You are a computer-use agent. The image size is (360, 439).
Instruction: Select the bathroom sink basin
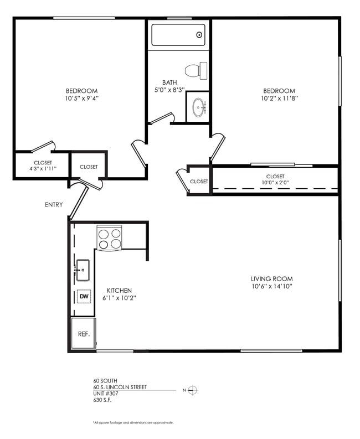click(198, 107)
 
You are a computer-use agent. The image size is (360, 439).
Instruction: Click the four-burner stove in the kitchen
click(109, 238)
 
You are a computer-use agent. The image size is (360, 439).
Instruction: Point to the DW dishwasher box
click(84, 297)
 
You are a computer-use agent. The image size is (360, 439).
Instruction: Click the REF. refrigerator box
click(84, 333)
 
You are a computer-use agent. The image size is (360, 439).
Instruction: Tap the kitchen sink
click(83, 270)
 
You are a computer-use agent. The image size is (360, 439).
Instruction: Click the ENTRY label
click(54, 205)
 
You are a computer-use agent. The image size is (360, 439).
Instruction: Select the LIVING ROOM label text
click(271, 279)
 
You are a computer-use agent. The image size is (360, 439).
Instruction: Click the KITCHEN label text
click(119, 291)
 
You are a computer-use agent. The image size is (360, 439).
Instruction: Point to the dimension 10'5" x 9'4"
click(81, 99)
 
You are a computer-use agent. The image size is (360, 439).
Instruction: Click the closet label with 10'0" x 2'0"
click(275, 180)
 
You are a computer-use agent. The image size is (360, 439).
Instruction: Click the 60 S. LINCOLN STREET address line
click(120, 387)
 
